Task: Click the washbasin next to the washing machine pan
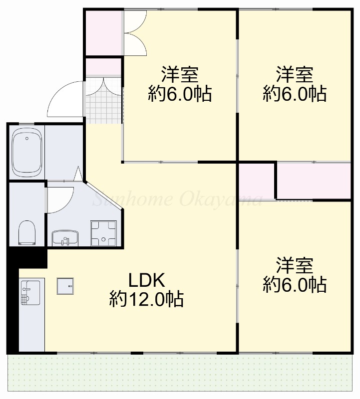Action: click(65, 238)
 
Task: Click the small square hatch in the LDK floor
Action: click(65, 286)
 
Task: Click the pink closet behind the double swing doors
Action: click(103, 33)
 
